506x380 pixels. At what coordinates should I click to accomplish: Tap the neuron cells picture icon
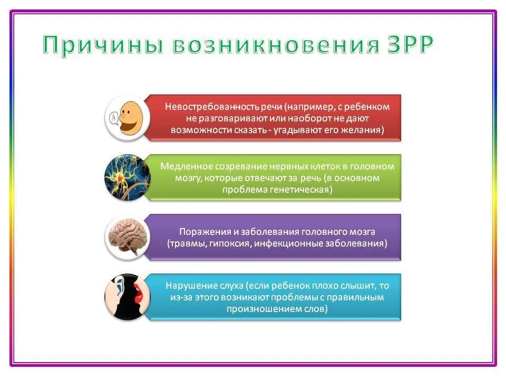(x=127, y=177)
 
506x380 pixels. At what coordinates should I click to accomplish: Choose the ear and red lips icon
(x=127, y=297)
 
